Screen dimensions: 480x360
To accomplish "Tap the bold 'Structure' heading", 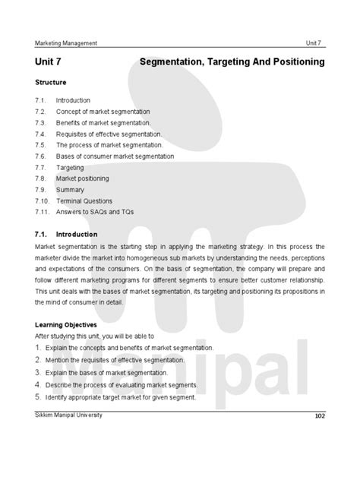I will tap(51, 81).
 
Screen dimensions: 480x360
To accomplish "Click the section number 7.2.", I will tap(41, 111).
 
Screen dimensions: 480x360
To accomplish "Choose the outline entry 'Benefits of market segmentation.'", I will tap(103, 122).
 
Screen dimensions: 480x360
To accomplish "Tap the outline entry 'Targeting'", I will tap(69, 167).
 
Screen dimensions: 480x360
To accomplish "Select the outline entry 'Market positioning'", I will tap(82, 178).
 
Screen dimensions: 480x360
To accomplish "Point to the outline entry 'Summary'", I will tap(70, 190).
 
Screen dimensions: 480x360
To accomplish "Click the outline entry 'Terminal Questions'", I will tap(83, 201).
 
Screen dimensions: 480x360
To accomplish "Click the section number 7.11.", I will tap(42, 212).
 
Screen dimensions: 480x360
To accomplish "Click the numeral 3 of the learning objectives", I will tap(37, 373).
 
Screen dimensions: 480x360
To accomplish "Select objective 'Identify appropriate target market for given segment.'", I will tap(125, 397).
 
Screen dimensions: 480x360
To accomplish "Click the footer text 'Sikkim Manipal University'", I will tap(68, 415).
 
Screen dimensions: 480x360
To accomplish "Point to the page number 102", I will tap(319, 417).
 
